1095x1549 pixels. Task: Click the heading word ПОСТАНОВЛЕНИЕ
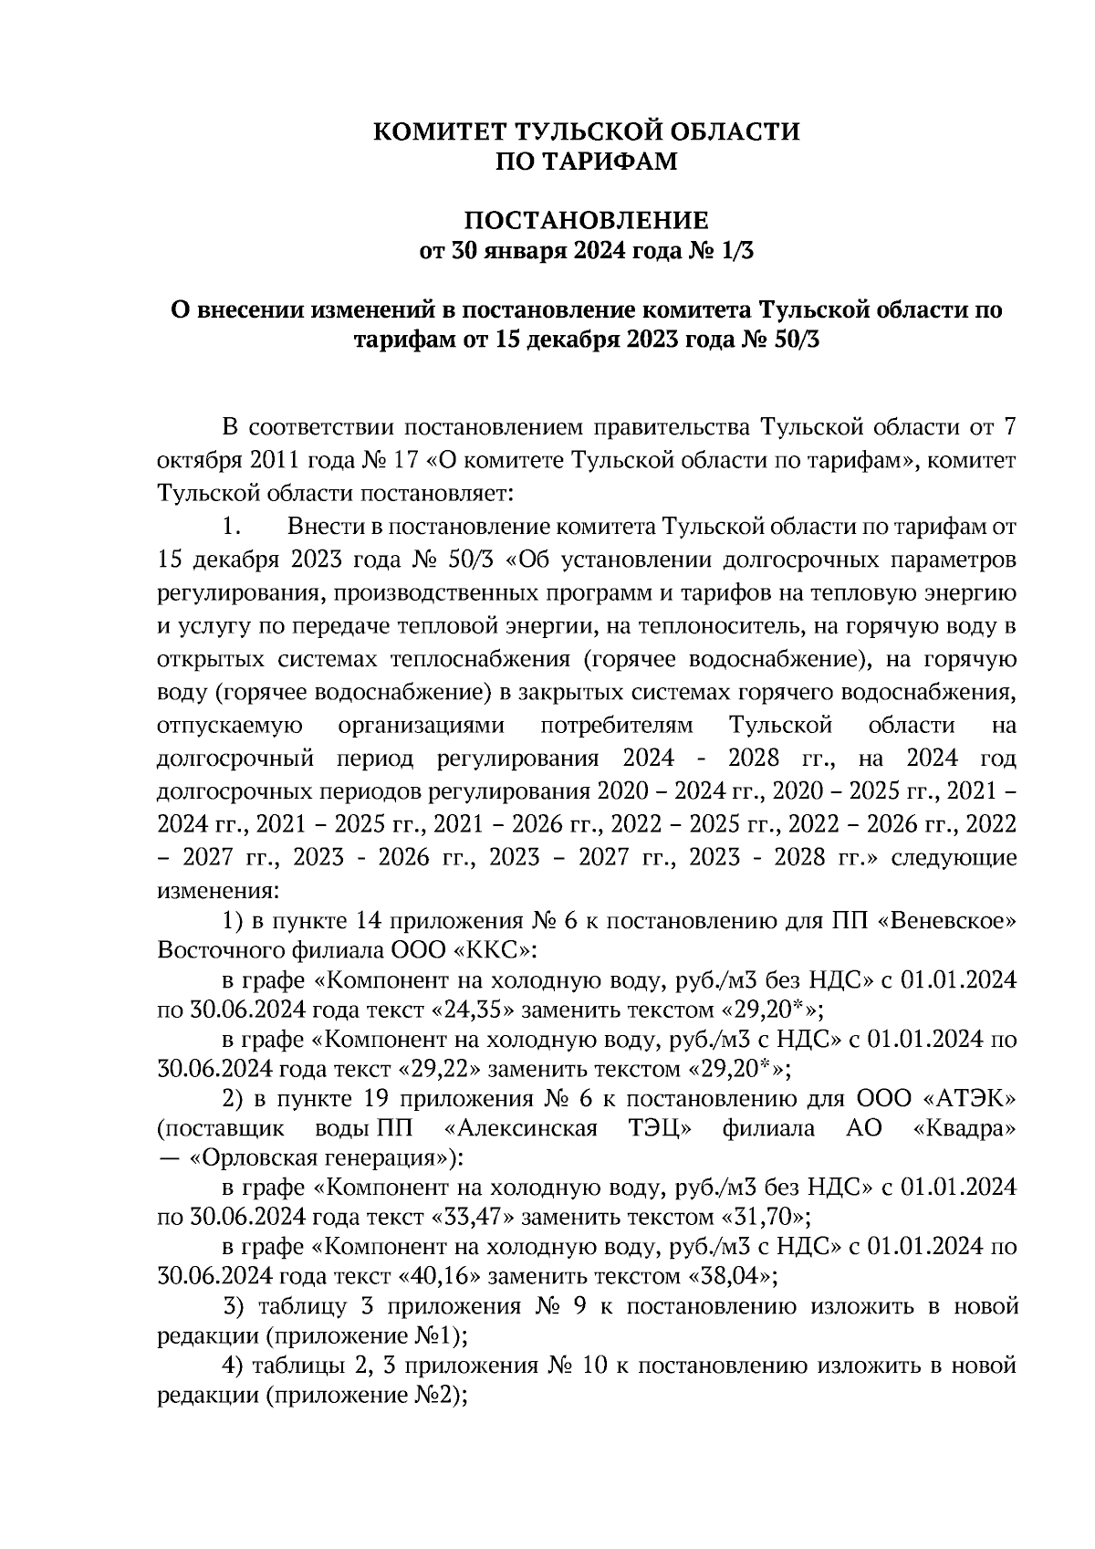587,221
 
